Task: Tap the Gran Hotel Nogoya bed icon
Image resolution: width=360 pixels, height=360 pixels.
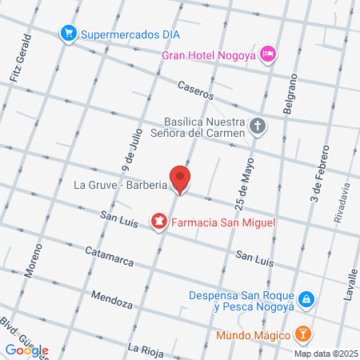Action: [270, 54]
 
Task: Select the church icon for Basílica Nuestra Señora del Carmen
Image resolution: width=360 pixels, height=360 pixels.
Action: [257, 126]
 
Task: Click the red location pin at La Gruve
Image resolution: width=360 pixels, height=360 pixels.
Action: [180, 178]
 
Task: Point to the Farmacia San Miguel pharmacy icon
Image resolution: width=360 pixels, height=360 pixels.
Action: [158, 220]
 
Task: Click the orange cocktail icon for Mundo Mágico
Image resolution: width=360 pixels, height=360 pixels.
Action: [302, 332]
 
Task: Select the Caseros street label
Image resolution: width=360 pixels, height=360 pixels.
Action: [196, 90]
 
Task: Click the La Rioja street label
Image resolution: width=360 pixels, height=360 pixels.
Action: [147, 348]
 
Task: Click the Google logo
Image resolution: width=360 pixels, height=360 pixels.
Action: [26, 350]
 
